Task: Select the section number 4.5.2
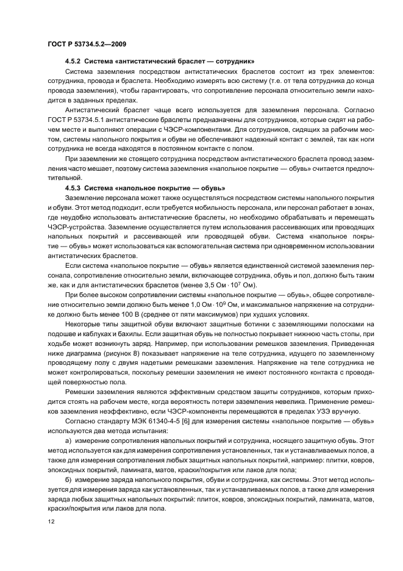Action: click(73, 62)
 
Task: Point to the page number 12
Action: click(51, 522)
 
